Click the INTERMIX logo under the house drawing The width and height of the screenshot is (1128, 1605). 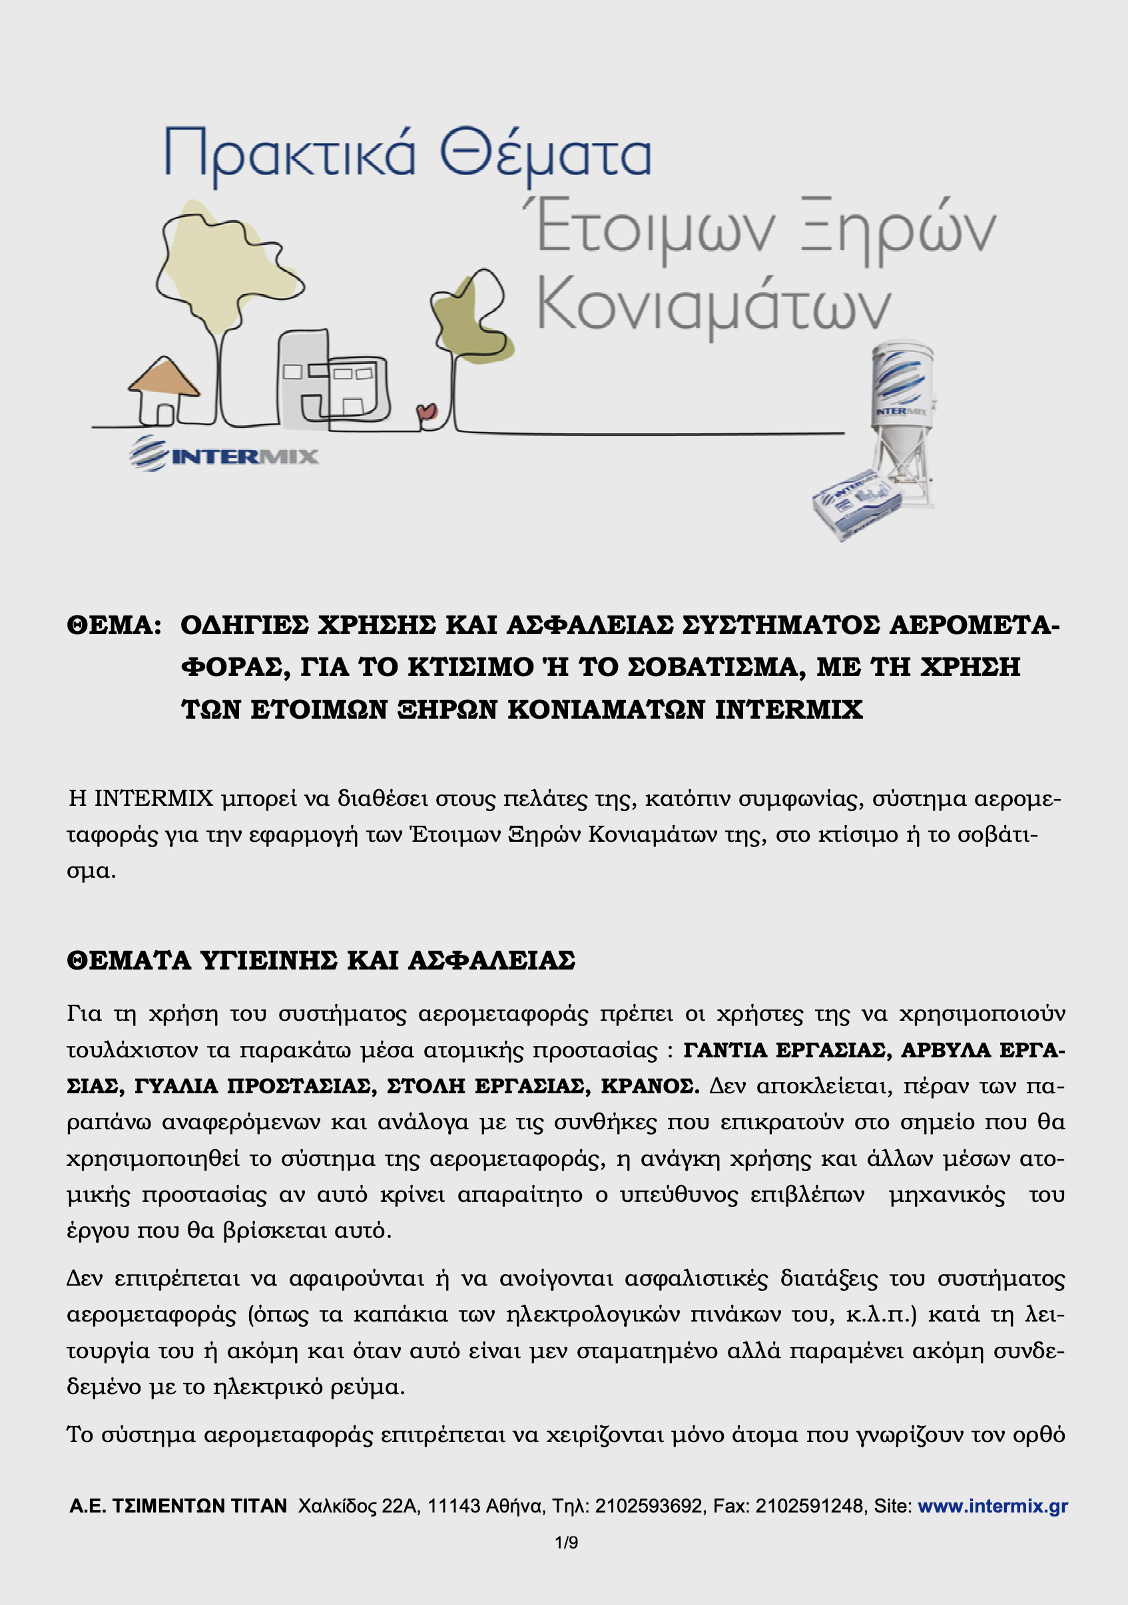(224, 455)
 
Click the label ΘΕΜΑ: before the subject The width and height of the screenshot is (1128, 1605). (114, 625)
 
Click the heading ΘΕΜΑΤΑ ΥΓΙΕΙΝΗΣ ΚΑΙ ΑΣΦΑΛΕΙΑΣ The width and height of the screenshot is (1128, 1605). (321, 960)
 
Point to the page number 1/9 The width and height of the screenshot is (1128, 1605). (566, 1542)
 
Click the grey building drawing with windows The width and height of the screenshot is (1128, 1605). (332, 381)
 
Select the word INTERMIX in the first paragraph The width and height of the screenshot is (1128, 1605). (153, 798)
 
